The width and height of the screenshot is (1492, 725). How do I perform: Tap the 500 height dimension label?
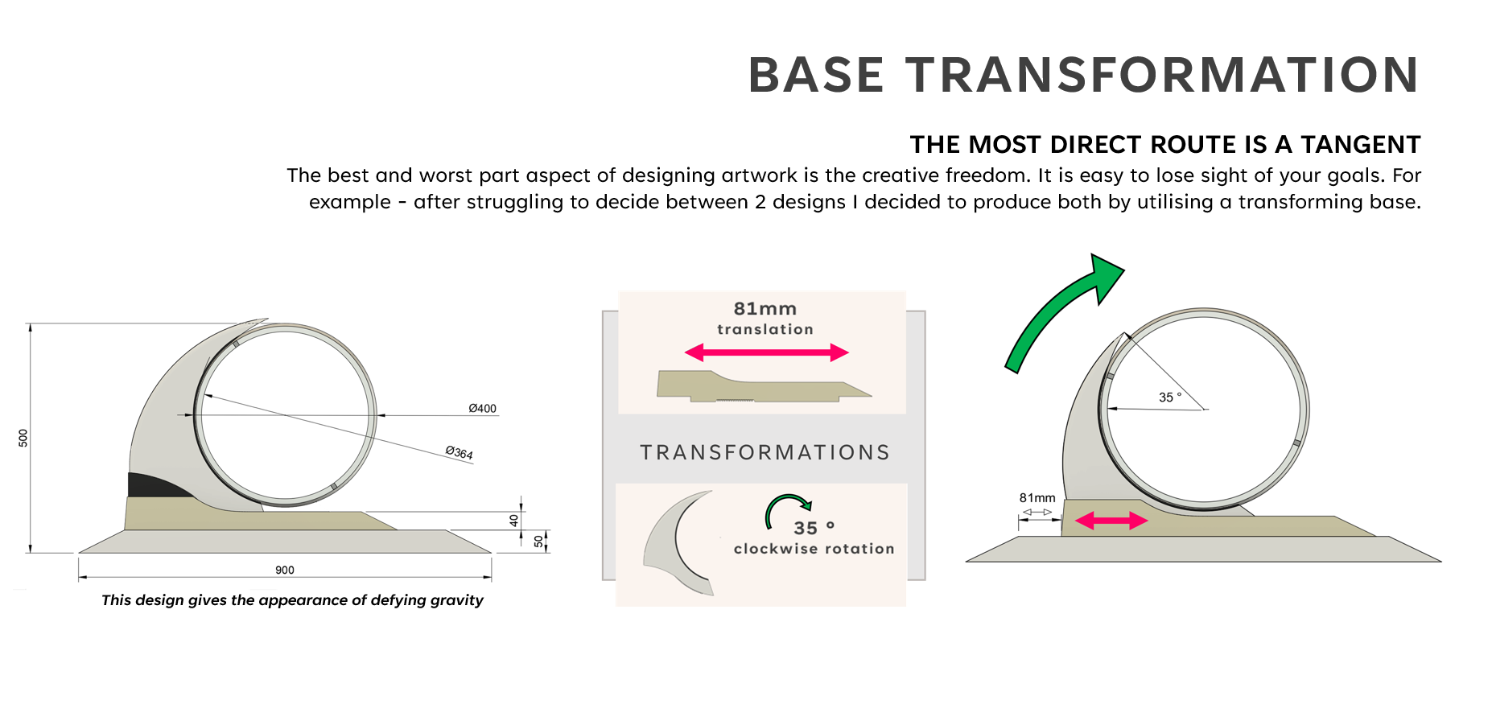23,438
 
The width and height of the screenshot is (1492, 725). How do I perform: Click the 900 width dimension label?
285,571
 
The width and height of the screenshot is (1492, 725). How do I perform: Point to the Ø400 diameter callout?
482,409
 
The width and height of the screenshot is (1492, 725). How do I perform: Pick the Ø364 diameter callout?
460,453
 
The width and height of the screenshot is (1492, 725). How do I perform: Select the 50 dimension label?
538,542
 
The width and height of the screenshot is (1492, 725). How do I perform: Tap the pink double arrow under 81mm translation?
766,352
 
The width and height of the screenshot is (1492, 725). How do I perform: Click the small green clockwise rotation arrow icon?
787,509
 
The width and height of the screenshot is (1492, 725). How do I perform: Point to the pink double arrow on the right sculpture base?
1111,521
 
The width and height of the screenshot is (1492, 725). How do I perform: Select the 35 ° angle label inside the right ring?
1169,398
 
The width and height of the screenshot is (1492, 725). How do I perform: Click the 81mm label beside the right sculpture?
1037,498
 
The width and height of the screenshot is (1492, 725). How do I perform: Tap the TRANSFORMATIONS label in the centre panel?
765,453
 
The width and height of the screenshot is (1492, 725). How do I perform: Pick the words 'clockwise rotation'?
814,549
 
